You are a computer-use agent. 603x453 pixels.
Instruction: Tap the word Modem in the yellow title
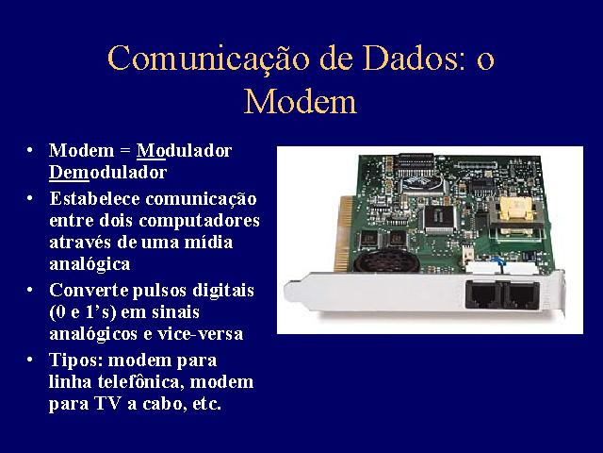[x=301, y=101]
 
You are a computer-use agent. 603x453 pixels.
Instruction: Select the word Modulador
[x=185, y=151]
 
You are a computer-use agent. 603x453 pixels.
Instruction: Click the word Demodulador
[x=107, y=172]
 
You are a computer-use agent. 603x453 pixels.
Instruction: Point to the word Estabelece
[x=94, y=199]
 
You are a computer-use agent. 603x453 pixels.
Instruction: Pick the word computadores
[x=199, y=221]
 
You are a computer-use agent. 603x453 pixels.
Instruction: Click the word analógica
[x=90, y=264]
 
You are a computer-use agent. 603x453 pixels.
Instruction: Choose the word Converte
[x=89, y=291]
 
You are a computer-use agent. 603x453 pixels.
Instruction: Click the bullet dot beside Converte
[x=29, y=290]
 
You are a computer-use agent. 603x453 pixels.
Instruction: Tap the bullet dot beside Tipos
[x=29, y=361]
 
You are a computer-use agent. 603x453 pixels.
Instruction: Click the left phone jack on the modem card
[x=483, y=294]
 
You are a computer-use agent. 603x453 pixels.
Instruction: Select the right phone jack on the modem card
[x=522, y=295]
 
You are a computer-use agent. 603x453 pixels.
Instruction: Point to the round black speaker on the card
[x=386, y=261]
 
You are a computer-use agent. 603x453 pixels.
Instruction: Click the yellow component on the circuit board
[x=516, y=209]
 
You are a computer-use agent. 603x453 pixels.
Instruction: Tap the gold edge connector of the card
[x=343, y=234]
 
